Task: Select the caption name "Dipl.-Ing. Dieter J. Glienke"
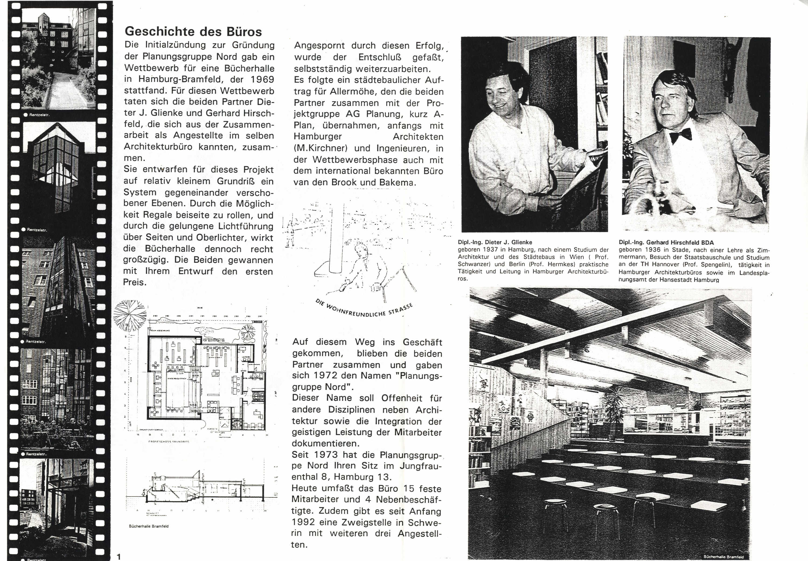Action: pos(495,242)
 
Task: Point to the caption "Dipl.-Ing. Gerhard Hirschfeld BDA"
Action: pos(666,243)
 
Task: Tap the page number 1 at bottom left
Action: pos(119,556)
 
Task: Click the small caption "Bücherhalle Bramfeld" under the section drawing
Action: pos(149,526)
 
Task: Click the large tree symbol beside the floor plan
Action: pos(130,316)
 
